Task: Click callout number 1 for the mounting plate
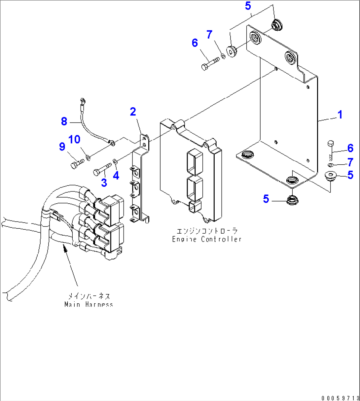click(340, 115)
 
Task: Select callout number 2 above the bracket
click(133, 112)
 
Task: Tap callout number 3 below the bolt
click(104, 183)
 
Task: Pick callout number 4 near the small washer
click(116, 176)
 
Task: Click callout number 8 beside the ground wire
click(64, 121)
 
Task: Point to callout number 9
click(62, 147)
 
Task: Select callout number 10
click(74, 140)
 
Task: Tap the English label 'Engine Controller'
click(207, 239)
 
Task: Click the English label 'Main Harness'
click(89, 304)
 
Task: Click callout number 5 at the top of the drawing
click(248, 6)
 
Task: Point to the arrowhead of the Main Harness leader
click(65, 250)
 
